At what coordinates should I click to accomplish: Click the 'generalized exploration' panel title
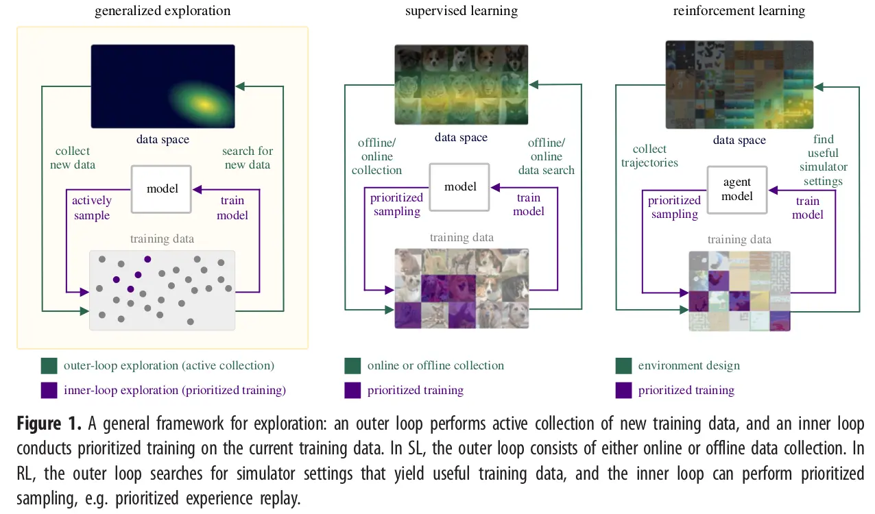[x=163, y=11]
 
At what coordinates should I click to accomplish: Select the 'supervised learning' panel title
[x=461, y=11]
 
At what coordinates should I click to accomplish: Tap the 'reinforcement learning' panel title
[x=739, y=11]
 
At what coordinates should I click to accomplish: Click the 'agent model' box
[x=737, y=189]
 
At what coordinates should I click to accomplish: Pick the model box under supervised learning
[x=460, y=187]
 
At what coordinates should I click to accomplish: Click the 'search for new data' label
[x=247, y=158]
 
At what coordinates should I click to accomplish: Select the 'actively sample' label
[x=91, y=208]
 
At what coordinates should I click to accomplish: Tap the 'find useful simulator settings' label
[x=823, y=160]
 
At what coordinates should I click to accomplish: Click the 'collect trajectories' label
[x=649, y=156]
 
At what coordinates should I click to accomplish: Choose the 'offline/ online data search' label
[x=547, y=156]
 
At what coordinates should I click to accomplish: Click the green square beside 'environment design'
[x=624, y=365]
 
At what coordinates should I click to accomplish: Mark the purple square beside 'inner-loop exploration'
[x=49, y=390]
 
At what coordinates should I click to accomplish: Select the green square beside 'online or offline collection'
[x=352, y=365]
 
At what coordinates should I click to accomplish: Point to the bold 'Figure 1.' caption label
[x=49, y=424]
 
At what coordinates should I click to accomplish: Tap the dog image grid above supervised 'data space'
[x=461, y=84]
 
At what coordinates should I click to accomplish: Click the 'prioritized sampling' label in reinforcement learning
[x=674, y=207]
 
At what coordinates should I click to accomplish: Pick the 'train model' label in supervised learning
[x=528, y=204]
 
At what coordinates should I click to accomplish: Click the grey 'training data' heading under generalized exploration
[x=162, y=238]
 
